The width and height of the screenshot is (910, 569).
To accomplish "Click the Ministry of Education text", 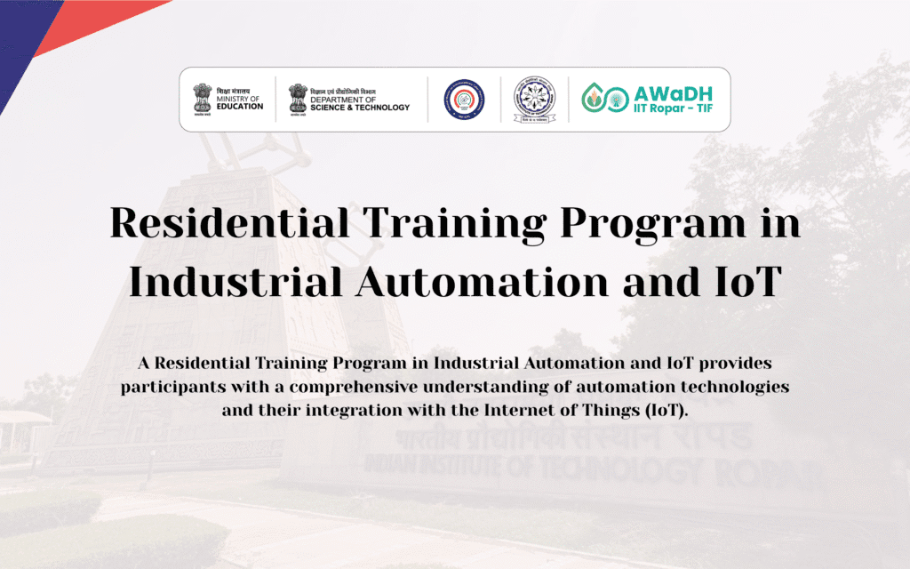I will coord(240,100).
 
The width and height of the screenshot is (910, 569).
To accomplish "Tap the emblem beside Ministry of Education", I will coord(203,99).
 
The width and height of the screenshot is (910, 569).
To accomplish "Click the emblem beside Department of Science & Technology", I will coord(298,99).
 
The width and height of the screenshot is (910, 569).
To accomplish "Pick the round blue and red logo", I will coord(464,99).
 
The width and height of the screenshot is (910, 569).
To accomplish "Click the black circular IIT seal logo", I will coord(535,99).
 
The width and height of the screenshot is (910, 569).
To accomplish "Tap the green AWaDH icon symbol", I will coord(601,99).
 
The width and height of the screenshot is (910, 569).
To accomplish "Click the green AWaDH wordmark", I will coord(673,92).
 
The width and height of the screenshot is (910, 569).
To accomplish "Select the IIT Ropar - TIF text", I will coord(673,110).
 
